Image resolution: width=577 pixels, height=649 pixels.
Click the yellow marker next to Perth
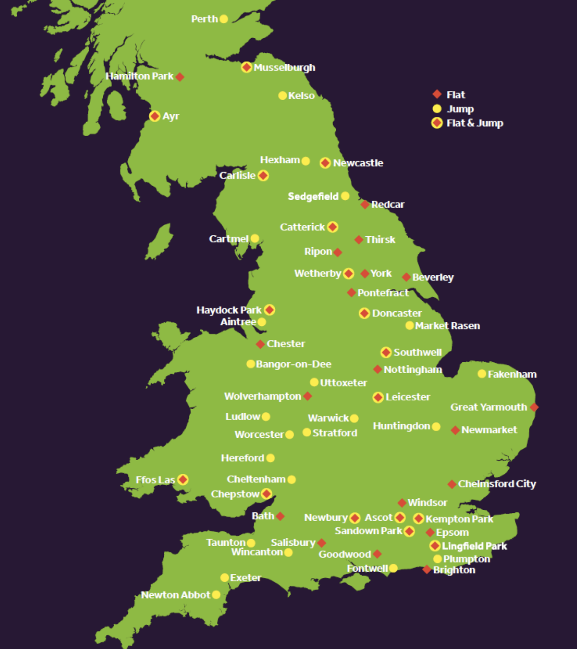223,19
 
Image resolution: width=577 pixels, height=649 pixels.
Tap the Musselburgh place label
284,68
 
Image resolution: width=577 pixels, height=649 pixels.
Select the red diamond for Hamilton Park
180,77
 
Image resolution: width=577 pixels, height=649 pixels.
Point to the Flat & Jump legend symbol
437,123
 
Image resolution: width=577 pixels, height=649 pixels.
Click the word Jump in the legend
460,109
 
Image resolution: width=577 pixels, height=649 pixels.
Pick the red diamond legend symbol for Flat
437,94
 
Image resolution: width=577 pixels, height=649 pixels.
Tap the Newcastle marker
325,163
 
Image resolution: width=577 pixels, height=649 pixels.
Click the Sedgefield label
313,197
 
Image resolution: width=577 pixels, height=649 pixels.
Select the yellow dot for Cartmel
255,238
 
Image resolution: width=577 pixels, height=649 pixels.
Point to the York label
380,274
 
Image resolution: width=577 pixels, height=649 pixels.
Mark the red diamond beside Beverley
406,277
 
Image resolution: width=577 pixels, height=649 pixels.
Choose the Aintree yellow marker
262,322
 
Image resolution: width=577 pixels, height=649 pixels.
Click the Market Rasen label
447,326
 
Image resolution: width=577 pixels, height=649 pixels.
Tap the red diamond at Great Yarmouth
534,407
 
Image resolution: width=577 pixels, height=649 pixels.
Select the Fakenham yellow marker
482,374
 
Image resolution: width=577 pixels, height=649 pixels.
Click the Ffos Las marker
183,480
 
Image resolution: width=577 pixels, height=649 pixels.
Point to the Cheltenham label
256,479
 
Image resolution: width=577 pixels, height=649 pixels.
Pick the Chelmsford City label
497,484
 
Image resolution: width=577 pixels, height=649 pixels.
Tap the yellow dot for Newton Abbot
216,595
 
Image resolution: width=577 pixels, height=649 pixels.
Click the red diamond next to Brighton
427,570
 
